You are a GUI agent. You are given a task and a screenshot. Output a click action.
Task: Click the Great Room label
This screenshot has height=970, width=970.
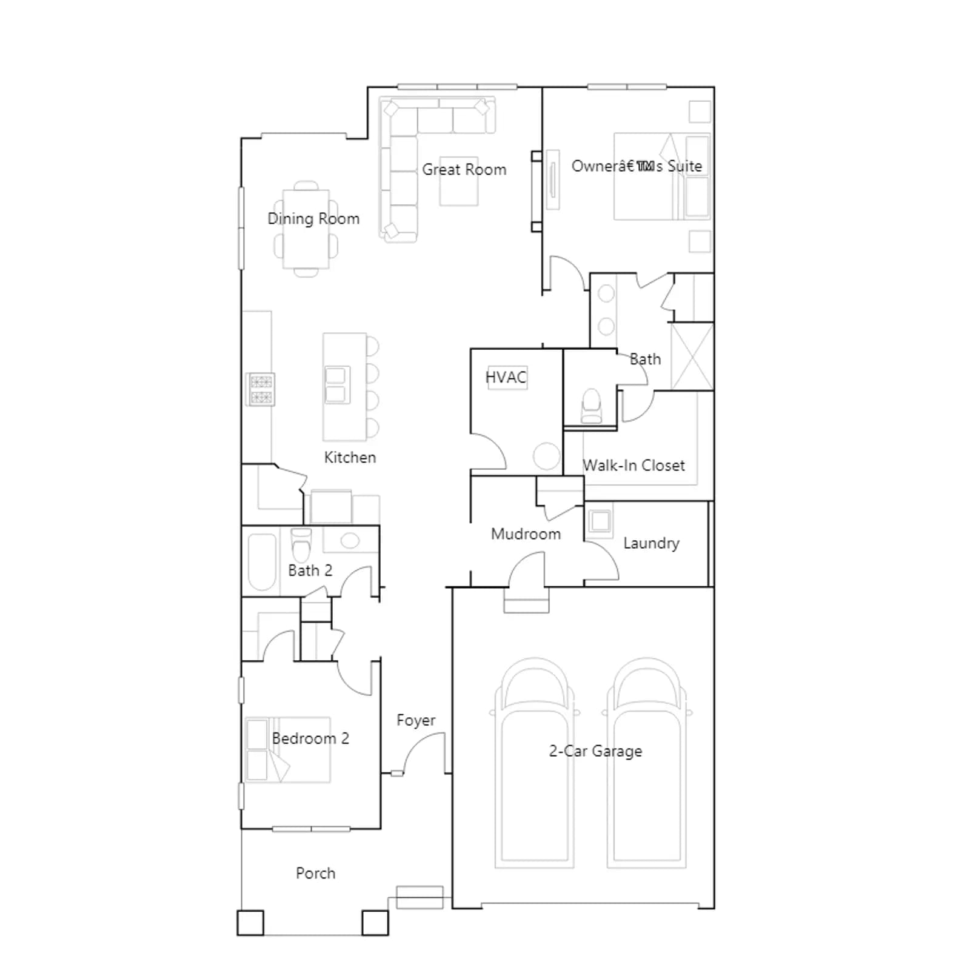pos(464,170)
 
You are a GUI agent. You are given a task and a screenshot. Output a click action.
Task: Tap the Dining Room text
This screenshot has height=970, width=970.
pos(313,219)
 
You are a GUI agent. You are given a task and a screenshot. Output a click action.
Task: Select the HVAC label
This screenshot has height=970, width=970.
pos(506,377)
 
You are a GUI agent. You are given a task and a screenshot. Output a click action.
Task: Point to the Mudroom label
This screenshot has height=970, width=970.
pos(526,534)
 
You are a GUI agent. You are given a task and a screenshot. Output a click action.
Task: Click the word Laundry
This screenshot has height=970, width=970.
pos(651,543)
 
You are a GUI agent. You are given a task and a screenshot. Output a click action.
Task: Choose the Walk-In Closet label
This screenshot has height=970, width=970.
pos(634,466)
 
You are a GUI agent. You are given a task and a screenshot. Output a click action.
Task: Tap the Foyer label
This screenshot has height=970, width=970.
pos(416,721)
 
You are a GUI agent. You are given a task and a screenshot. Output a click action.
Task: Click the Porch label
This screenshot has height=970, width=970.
pos(315,873)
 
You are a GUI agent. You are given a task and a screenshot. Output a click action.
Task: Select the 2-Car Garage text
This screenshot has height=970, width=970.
pos(595,751)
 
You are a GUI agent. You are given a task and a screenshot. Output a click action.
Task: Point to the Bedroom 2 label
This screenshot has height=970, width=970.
pos(310,738)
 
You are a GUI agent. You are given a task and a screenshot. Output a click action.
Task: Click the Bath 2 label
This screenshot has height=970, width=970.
pos(310,570)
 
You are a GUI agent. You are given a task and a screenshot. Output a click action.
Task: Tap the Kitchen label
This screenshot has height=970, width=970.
pos(350,457)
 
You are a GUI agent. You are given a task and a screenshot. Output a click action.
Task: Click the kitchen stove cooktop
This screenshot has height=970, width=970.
pos(260,389)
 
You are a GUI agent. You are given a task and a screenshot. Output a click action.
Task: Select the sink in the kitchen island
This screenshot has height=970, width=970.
pos(337,385)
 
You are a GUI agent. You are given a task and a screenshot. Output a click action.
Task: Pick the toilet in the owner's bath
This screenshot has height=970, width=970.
pos(591,406)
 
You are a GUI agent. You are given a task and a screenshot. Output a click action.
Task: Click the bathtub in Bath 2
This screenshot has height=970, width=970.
pos(262,562)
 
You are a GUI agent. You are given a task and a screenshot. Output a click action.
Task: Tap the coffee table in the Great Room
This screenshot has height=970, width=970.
pos(459,181)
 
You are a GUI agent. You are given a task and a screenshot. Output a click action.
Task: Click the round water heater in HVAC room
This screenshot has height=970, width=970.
pos(547,457)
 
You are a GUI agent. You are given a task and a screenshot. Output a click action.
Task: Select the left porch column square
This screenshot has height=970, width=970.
pos(250,923)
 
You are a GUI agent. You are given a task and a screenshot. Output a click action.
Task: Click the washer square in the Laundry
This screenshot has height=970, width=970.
pos(600,521)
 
